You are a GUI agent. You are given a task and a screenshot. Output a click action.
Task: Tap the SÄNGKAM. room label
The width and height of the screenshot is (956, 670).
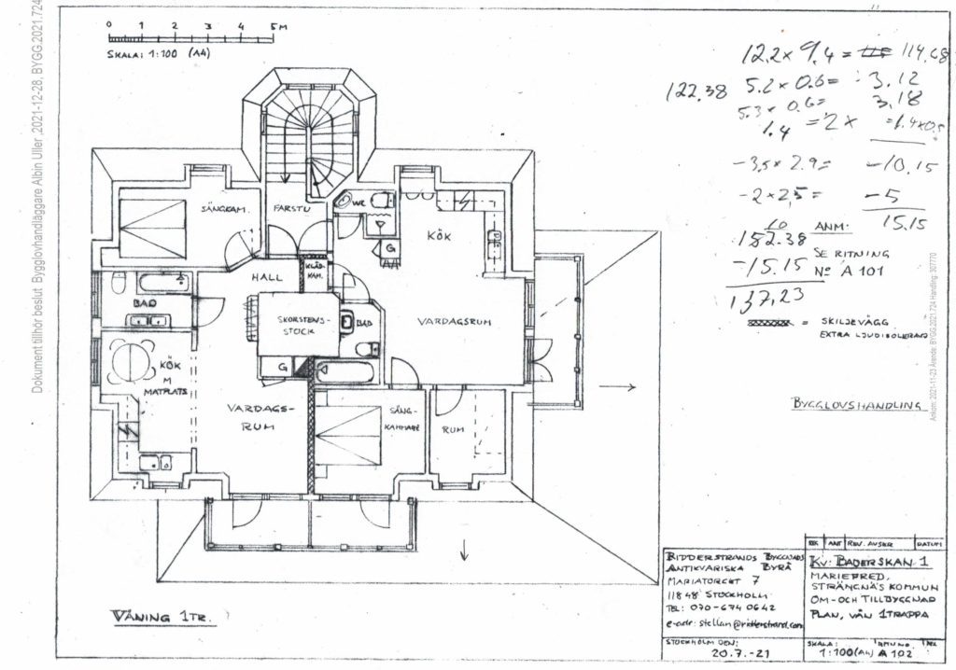pos(223,210)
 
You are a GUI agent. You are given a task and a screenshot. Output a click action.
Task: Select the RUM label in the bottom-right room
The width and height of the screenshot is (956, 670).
pos(454,430)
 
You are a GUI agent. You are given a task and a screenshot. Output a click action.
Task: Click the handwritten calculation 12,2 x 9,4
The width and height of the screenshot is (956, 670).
pos(792,54)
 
